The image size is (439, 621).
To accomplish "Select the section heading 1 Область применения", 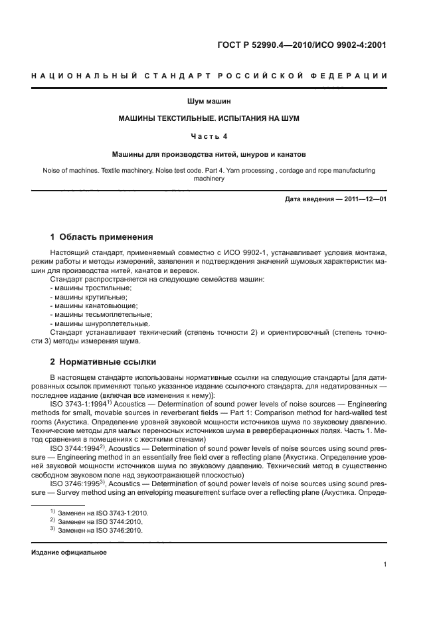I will (102, 237).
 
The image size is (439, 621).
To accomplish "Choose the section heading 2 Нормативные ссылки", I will (103, 362).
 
